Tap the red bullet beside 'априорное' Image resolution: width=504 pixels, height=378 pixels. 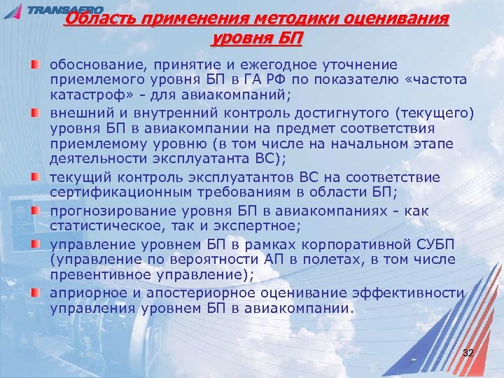[x=36, y=293]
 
